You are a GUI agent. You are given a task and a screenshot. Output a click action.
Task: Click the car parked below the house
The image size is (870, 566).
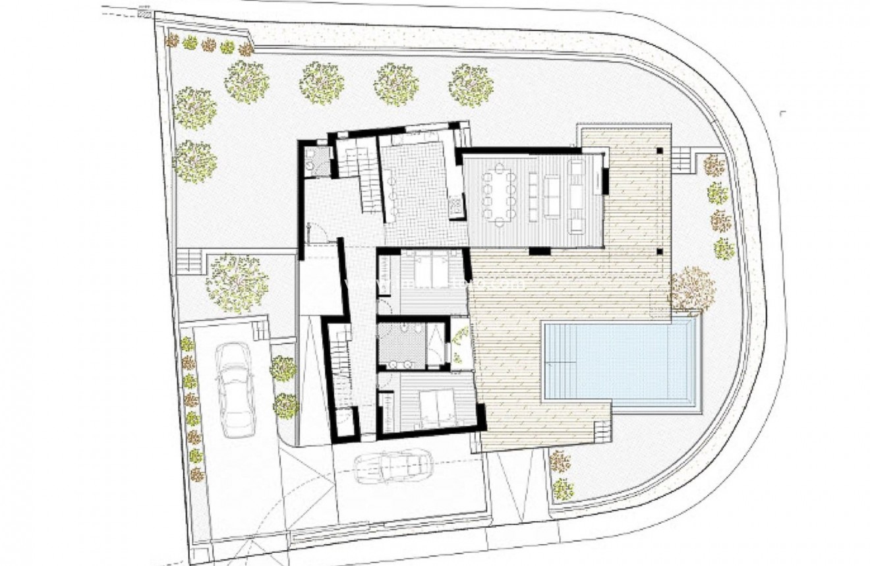point(390,467)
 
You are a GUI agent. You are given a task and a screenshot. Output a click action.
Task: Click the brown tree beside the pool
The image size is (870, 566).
point(691,289)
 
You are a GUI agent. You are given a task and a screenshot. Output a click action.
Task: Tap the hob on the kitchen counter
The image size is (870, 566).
point(454,206)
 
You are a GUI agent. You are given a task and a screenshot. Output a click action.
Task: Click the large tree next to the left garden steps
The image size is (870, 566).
point(237,283)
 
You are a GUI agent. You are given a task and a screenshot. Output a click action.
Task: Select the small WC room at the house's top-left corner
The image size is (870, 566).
point(317,160)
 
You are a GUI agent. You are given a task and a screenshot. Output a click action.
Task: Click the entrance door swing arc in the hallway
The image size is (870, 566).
point(318,232)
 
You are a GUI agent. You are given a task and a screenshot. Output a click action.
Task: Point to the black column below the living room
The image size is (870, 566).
point(539,250)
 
